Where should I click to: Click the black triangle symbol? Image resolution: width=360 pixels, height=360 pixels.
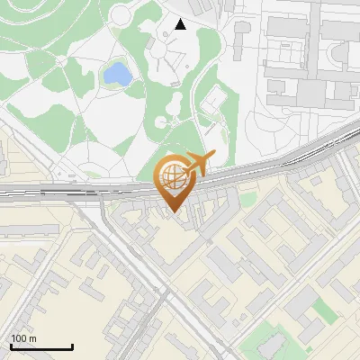181,24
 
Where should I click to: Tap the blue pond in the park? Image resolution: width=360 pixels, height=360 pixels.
115,74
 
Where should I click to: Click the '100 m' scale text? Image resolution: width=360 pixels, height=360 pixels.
24,338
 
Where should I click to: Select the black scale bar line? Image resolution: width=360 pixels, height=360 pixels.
41,346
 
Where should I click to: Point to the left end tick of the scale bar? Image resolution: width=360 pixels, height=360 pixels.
11,345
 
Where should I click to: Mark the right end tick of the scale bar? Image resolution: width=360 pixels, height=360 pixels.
72,345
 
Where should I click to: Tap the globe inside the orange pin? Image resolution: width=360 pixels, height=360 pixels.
176,179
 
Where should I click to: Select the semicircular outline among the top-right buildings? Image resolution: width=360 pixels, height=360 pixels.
340,56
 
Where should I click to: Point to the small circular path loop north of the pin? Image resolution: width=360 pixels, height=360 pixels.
161,121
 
